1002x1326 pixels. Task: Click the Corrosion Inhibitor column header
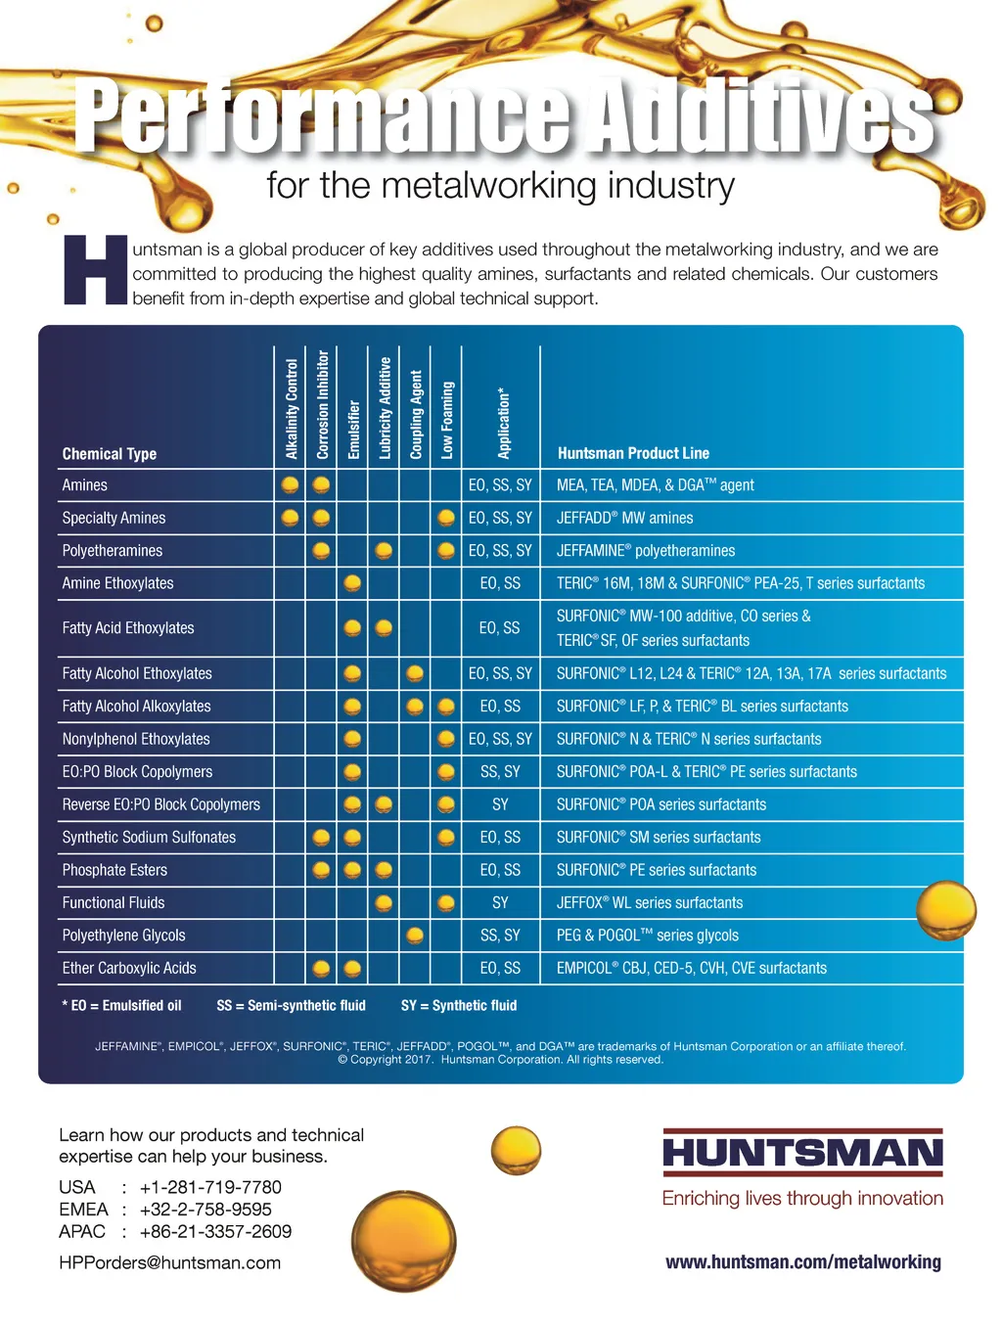click(x=322, y=405)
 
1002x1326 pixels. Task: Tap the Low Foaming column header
click(x=447, y=420)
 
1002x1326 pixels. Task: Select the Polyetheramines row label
click(x=113, y=551)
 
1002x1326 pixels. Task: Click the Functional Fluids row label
click(x=114, y=902)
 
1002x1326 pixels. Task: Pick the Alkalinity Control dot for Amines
click(x=290, y=484)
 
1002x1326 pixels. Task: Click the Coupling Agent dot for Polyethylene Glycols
click(x=415, y=936)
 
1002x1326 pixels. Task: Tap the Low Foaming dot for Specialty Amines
click(x=446, y=518)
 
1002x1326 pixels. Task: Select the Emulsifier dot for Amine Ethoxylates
click(x=352, y=583)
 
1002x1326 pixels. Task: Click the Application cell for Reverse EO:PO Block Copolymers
click(x=500, y=804)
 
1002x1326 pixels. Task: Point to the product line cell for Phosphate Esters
click(x=656, y=870)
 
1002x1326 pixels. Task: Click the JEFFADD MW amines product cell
click(x=624, y=518)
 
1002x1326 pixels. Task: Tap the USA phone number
click(x=210, y=1187)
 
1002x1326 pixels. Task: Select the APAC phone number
click(x=215, y=1231)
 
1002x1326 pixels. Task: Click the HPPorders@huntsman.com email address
click(x=169, y=1262)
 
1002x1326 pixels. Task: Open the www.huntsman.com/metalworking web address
click(x=802, y=1262)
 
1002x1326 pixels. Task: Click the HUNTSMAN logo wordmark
click(x=802, y=1153)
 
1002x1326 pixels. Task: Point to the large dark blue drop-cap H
click(x=95, y=269)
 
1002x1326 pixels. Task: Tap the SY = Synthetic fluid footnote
click(x=459, y=1005)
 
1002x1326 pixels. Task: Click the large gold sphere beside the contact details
click(x=403, y=1240)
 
